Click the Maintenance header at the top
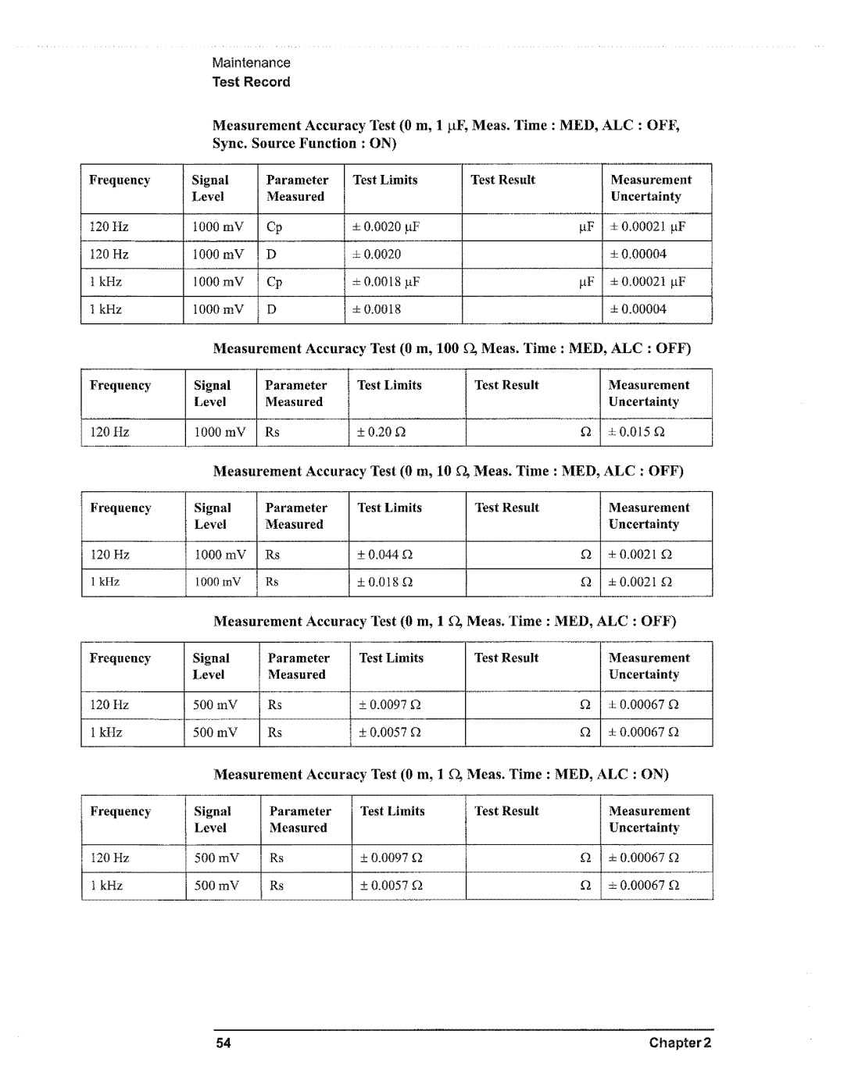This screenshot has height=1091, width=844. [x=252, y=63]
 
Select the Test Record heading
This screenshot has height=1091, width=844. [x=252, y=82]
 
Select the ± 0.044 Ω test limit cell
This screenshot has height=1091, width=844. [x=385, y=555]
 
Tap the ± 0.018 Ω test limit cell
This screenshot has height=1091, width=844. [x=385, y=583]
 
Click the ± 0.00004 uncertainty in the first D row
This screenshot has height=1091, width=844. [x=638, y=255]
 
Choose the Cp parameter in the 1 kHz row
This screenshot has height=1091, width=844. [x=274, y=282]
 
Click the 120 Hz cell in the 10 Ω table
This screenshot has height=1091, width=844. [x=110, y=555]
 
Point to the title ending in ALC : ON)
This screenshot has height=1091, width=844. [x=442, y=775]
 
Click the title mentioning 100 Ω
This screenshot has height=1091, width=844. [x=452, y=348]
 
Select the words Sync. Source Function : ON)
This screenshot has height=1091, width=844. [x=306, y=144]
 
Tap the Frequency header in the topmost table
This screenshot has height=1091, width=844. [x=120, y=180]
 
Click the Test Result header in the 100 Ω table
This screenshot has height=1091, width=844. [x=506, y=386]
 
